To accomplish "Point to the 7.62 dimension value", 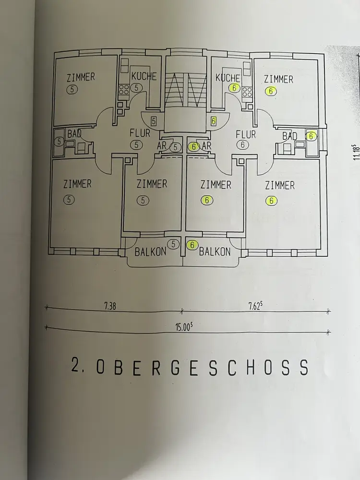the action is click(x=255, y=305).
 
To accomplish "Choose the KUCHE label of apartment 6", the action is click(x=228, y=78).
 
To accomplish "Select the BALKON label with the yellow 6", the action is click(x=215, y=252).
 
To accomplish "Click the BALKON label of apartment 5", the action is click(x=150, y=251).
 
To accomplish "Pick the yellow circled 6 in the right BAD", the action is click(x=311, y=136).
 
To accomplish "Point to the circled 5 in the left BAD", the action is click(x=60, y=141).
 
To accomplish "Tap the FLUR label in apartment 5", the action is click(x=140, y=133).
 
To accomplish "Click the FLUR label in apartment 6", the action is click(x=245, y=134).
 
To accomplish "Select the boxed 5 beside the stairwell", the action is click(x=154, y=121).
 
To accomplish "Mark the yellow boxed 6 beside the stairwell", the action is click(x=213, y=121).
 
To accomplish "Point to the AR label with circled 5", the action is click(x=164, y=146).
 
